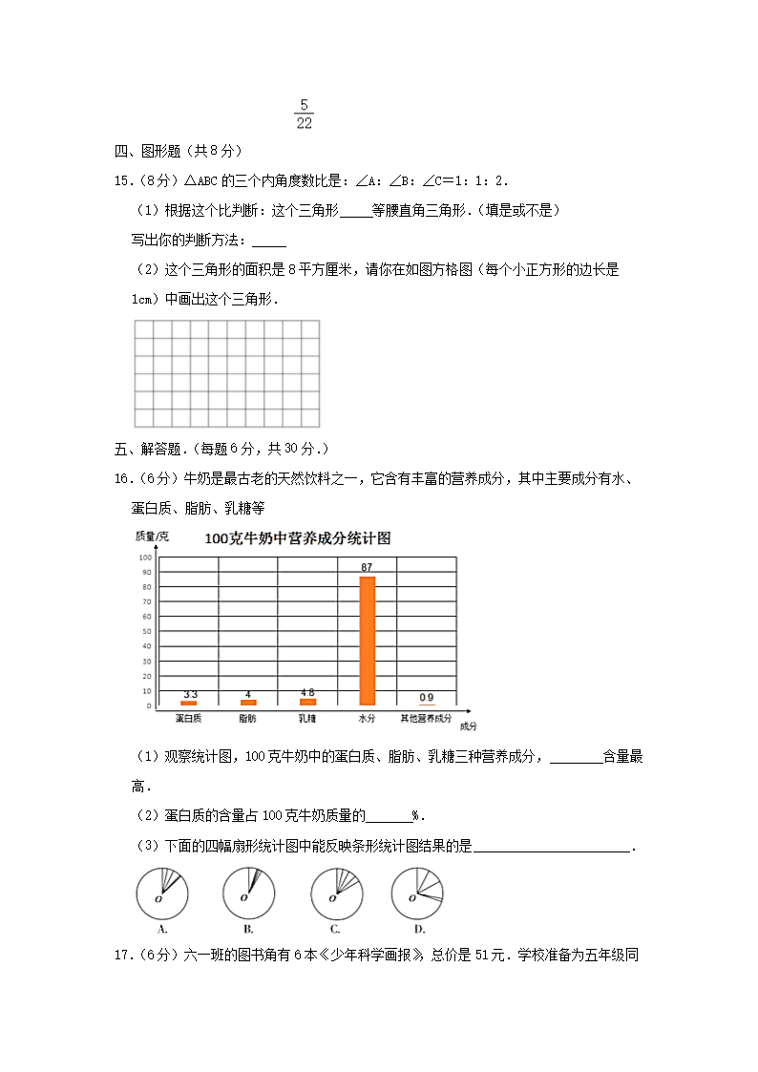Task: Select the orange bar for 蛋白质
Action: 189,704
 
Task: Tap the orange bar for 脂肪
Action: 248,703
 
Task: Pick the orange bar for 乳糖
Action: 307,702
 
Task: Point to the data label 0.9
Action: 427,697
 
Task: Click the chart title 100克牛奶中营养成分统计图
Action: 298,538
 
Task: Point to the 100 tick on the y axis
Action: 146,557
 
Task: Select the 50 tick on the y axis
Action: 148,631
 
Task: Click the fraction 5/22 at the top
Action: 304,114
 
